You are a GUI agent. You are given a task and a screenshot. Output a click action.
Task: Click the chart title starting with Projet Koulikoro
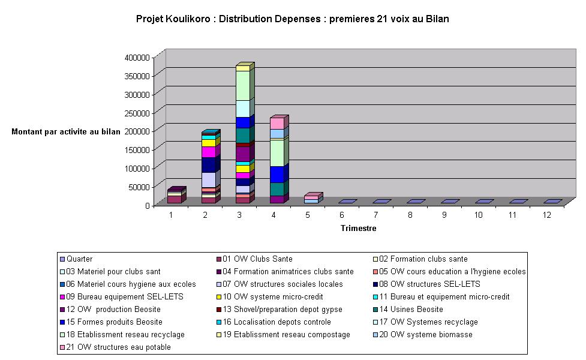293,19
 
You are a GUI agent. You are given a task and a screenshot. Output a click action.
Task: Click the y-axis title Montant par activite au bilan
66,132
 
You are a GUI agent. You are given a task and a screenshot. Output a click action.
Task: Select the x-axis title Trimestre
359,229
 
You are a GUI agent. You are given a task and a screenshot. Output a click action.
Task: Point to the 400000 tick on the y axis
137,57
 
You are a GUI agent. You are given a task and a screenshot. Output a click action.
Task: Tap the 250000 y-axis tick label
137,112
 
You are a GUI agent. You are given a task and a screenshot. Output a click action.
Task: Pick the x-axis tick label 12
547,214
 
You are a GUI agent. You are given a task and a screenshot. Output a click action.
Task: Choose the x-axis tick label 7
376,214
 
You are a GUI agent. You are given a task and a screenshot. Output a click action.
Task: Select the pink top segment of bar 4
277,124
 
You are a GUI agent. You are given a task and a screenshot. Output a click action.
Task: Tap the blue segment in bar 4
277,175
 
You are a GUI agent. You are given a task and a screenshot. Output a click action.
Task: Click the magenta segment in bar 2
208,152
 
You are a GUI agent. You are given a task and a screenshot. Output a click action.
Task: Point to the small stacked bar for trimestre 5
311,199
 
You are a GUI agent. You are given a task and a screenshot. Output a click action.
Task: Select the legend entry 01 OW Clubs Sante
257,259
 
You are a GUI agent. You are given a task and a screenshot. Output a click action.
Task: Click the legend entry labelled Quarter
80,259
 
